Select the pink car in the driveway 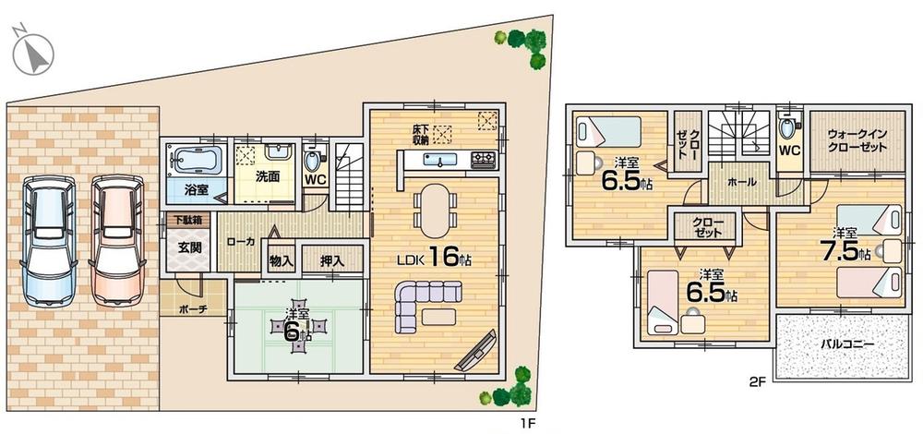[x=116, y=240]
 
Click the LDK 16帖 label [x=435, y=258]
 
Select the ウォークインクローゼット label [x=856, y=140]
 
